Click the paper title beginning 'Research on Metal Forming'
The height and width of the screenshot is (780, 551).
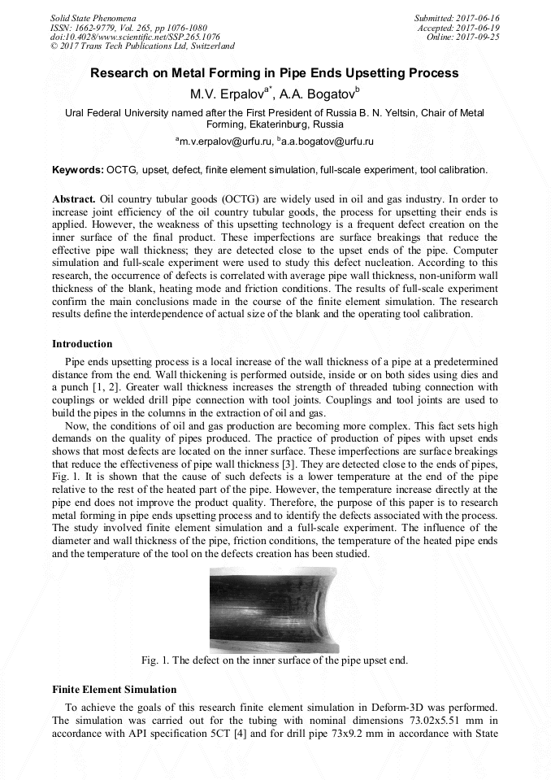tap(275, 73)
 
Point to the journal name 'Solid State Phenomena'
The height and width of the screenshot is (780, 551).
tap(93, 17)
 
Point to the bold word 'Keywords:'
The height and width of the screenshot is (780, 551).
tap(77, 170)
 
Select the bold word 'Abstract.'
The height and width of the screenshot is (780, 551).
tap(74, 198)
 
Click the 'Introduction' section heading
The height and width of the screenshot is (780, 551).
tap(82, 344)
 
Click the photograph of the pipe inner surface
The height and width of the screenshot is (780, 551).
tap(274, 609)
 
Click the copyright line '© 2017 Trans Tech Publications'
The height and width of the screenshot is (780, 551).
tap(142, 46)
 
